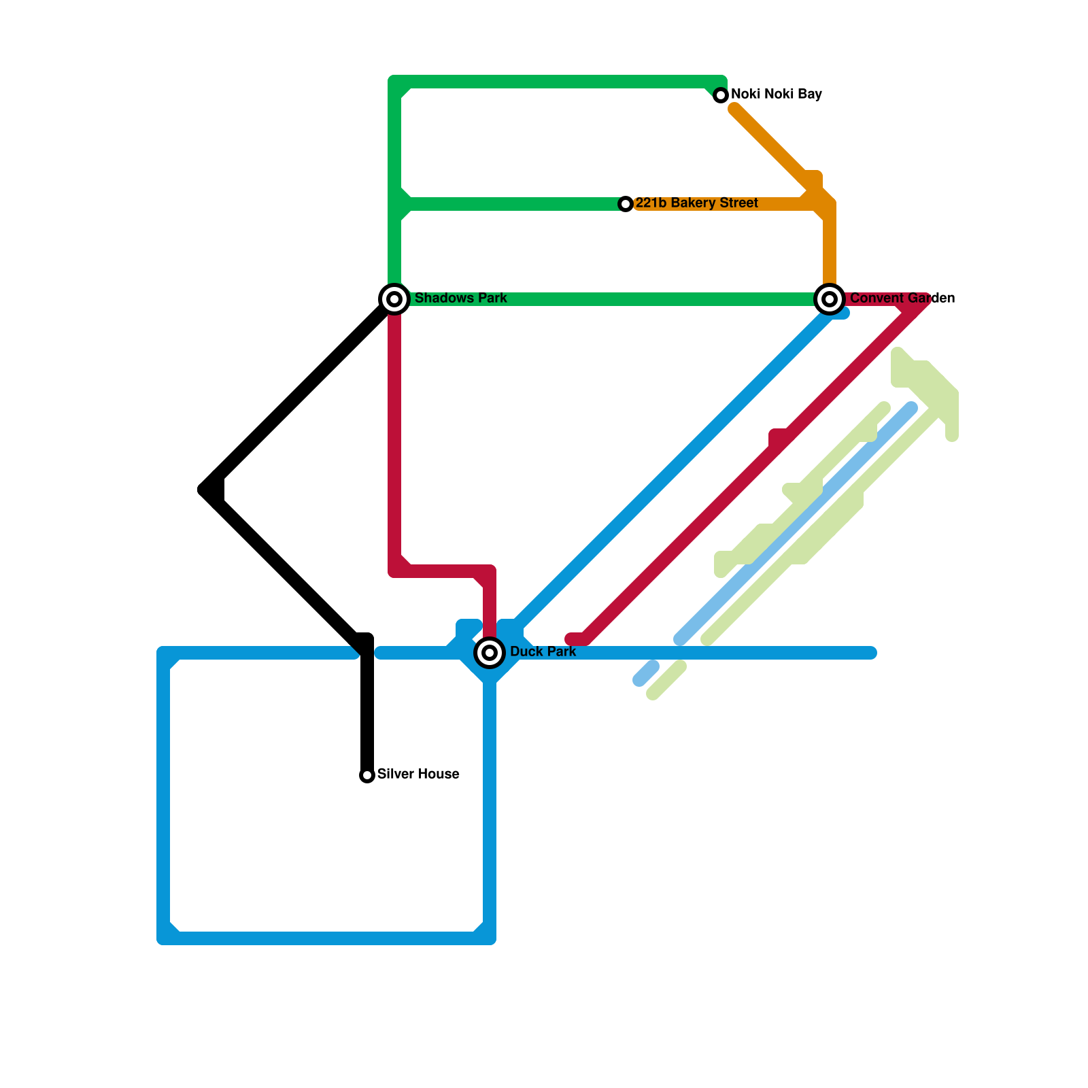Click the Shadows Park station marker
(x=394, y=299)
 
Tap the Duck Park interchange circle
(x=490, y=653)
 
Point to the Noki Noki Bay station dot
(x=721, y=95)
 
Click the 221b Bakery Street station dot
(x=626, y=204)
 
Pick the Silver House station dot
(x=367, y=775)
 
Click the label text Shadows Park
(x=460, y=299)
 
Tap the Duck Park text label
(x=543, y=652)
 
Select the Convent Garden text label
(x=902, y=299)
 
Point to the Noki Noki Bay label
(x=776, y=95)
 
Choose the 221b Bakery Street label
(x=696, y=203)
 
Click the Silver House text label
(x=418, y=775)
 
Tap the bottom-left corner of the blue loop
(x=163, y=938)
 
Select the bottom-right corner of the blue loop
(x=490, y=938)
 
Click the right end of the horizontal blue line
(x=872, y=653)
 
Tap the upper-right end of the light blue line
(x=912, y=408)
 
